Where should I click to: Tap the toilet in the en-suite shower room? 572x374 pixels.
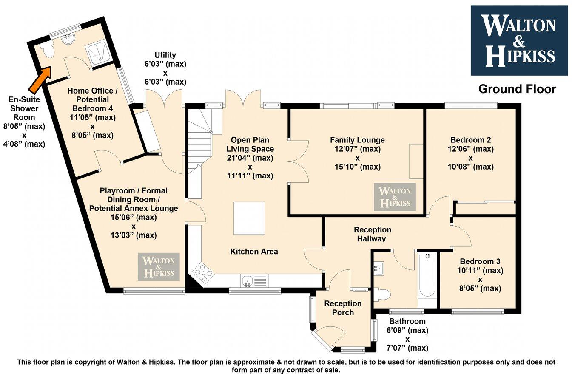click(x=48, y=51)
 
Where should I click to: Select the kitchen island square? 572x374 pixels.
click(x=249, y=218)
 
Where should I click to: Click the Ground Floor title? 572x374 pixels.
click(x=517, y=89)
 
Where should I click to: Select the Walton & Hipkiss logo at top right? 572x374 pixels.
click(x=519, y=40)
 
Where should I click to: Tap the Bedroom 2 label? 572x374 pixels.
click(x=470, y=140)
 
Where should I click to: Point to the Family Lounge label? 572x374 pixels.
click(x=357, y=140)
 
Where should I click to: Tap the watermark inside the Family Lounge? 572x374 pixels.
click(x=395, y=197)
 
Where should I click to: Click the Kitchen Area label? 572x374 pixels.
click(x=254, y=252)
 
